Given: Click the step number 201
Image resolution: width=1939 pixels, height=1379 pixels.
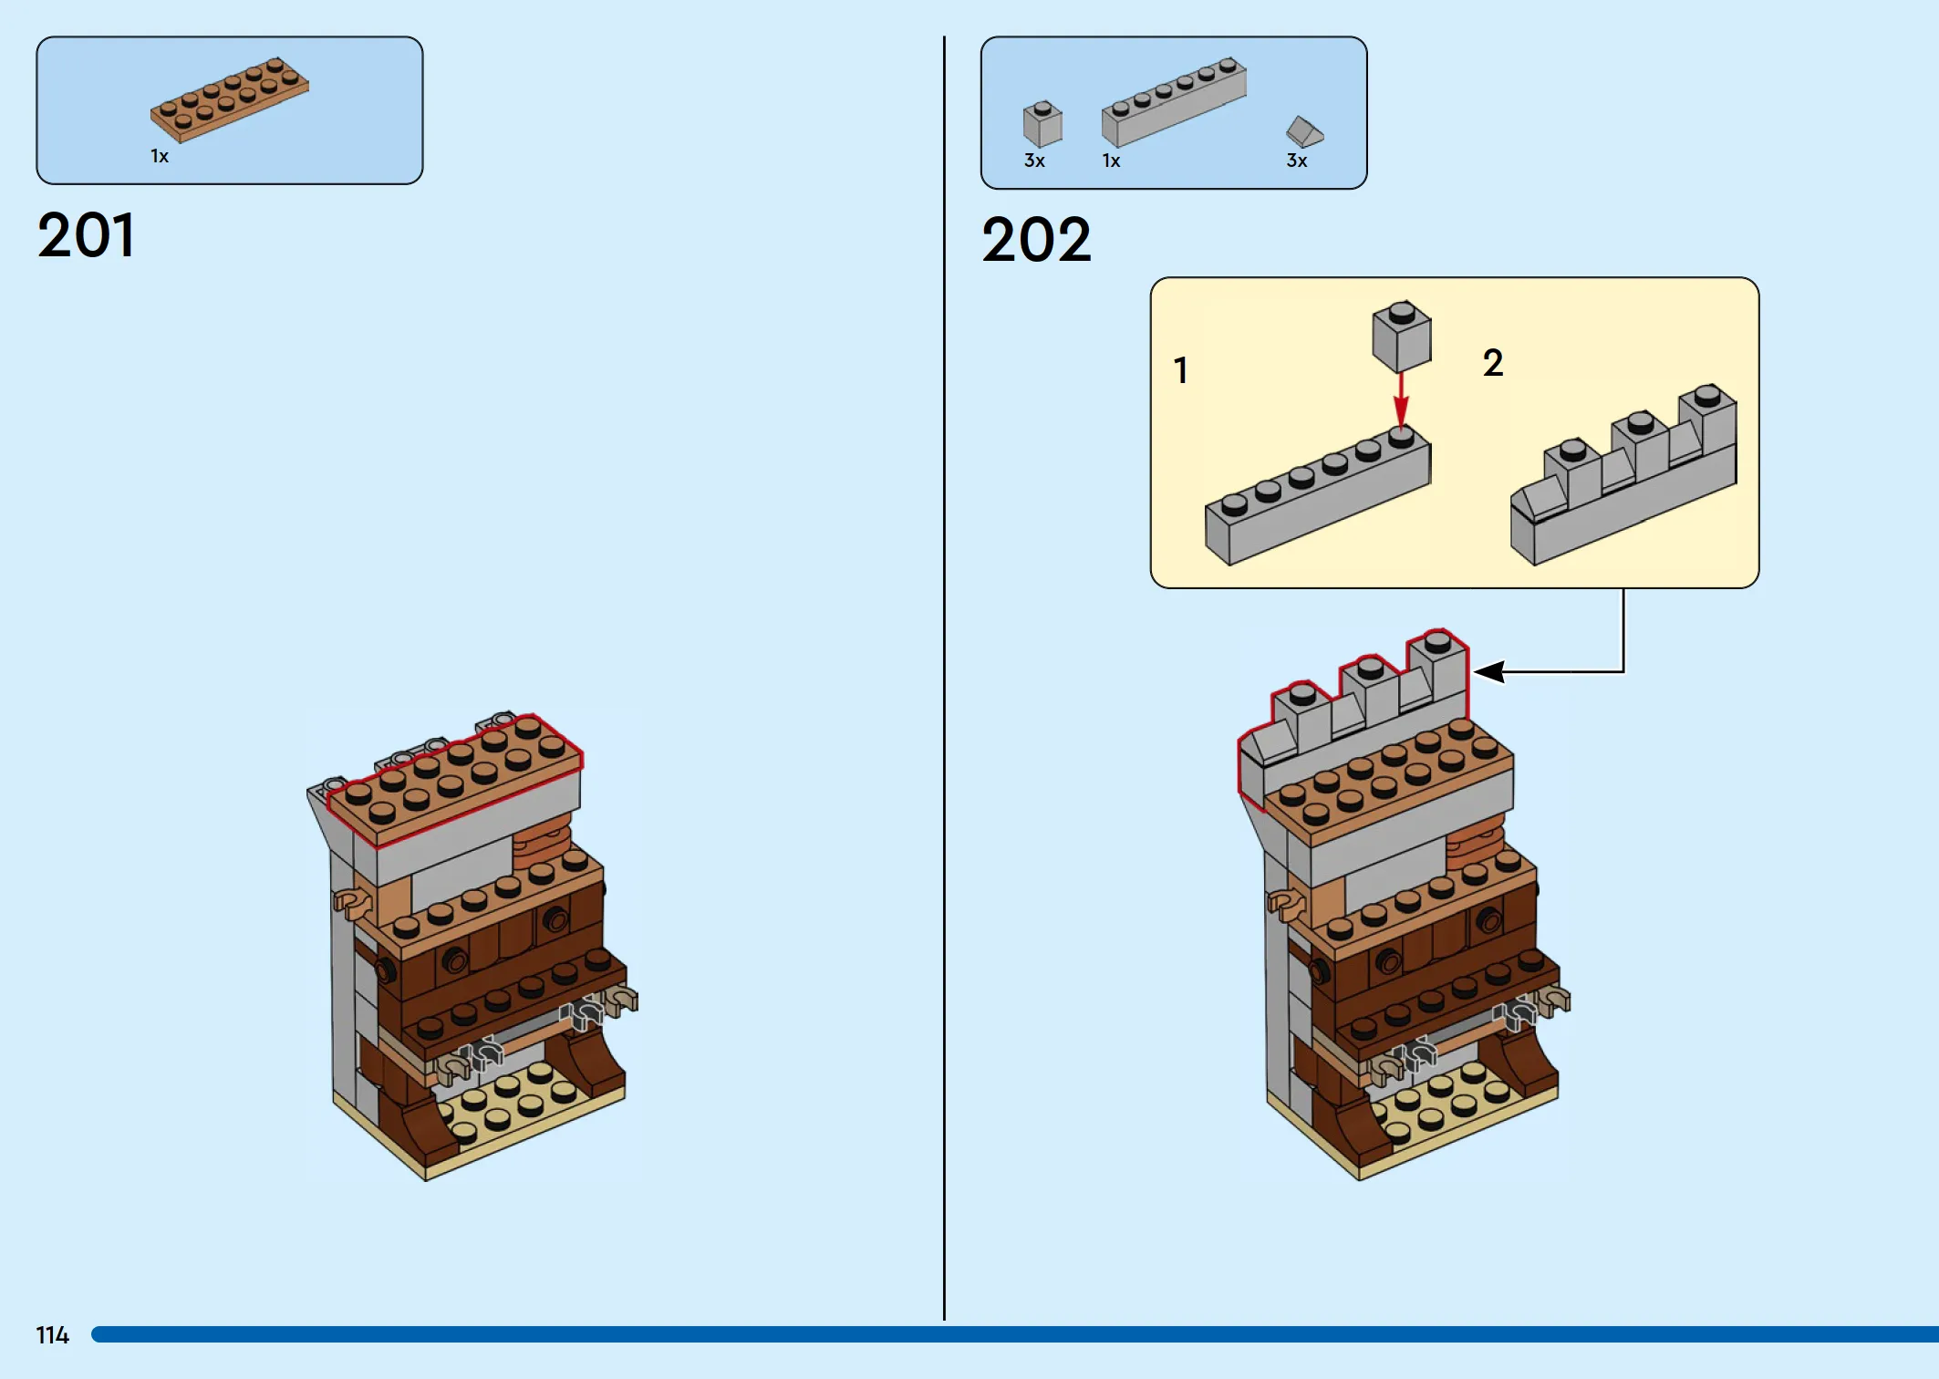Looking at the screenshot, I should point(86,235).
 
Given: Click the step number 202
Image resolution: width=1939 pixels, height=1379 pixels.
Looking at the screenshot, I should point(1036,240).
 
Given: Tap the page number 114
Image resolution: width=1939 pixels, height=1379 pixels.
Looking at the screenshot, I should point(52,1335).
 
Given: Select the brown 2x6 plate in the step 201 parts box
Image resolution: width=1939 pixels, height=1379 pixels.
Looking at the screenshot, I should point(230,99).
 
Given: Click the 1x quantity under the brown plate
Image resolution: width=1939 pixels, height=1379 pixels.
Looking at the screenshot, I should point(160,157).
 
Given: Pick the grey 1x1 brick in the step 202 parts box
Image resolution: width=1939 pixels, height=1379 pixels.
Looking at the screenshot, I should point(1042,124).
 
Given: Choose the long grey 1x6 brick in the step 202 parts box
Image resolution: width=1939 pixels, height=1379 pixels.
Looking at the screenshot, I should point(1174,102).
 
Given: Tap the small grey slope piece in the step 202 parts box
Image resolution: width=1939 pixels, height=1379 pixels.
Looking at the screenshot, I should point(1304,131).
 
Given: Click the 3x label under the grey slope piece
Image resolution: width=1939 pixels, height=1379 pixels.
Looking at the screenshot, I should point(1297,161).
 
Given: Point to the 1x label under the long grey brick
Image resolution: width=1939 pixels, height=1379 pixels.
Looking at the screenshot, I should point(1111,161).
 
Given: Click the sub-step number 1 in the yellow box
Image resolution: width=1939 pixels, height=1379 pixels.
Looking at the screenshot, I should point(1181,370).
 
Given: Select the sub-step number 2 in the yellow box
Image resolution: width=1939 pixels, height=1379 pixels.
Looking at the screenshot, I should point(1493,363).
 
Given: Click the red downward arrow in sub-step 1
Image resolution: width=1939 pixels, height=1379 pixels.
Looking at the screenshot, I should point(1402,401).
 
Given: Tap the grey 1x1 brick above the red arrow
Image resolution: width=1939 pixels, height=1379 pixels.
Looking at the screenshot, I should point(1402,336).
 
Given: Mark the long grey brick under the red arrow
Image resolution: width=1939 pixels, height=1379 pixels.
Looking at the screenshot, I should point(1319,502).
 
